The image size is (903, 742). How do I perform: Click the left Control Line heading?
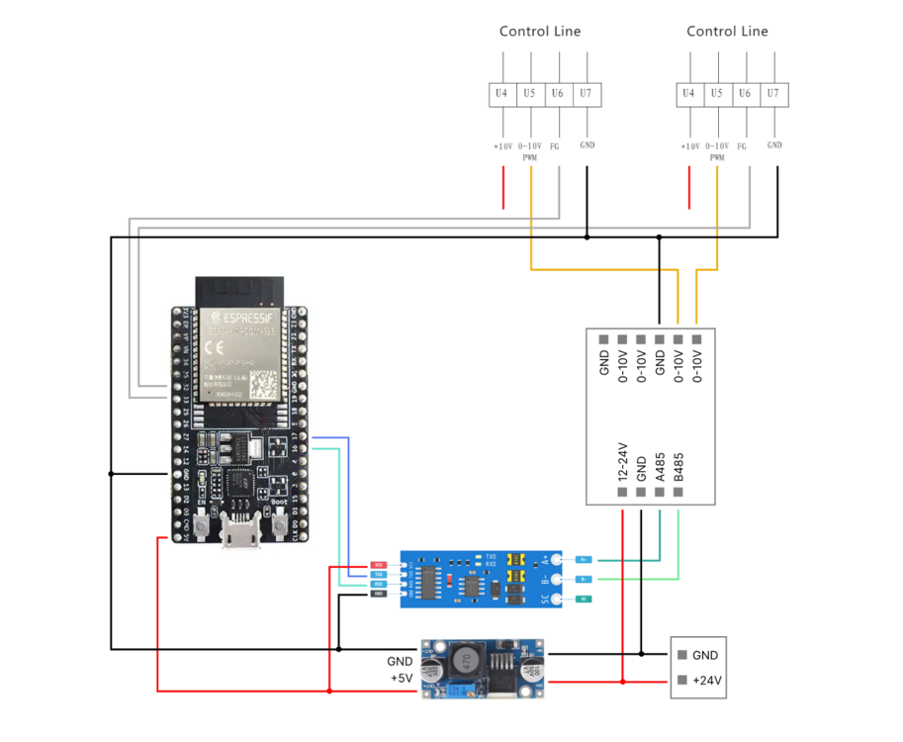pos(540,32)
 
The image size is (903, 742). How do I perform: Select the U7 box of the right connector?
pos(774,94)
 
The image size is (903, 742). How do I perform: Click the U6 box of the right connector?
pos(746,94)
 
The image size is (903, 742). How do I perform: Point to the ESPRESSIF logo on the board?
pos(240,319)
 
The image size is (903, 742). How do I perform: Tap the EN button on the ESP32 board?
pos(202,528)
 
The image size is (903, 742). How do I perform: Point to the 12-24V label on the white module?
pos(623,461)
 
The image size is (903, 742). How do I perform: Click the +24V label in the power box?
pos(705,681)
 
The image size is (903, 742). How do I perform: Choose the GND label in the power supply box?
pos(705,655)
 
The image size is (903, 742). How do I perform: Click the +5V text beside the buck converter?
pos(401,679)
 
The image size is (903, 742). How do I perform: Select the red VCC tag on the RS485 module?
pos(378,565)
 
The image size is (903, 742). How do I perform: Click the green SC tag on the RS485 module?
pos(585,600)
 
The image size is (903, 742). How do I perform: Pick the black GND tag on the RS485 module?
pos(378,594)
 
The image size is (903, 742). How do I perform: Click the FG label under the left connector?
pos(556,146)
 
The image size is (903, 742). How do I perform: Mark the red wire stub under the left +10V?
pos(503,187)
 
